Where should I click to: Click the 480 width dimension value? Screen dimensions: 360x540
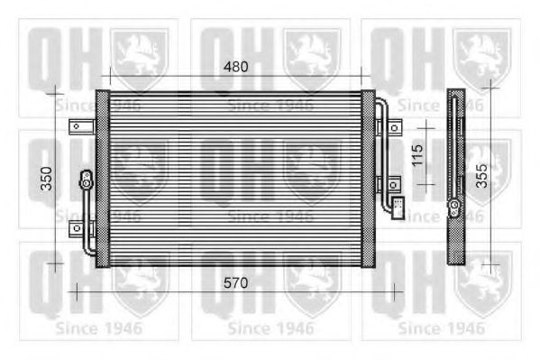(x=236, y=66)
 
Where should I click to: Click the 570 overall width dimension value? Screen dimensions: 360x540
(x=235, y=282)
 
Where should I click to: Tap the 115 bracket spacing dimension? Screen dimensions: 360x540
(x=416, y=155)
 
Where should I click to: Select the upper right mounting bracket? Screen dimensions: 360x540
(x=394, y=126)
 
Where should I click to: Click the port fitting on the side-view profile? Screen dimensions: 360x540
(x=456, y=209)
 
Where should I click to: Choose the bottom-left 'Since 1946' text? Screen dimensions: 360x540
(x=98, y=328)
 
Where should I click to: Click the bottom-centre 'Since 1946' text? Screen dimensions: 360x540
(x=270, y=328)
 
